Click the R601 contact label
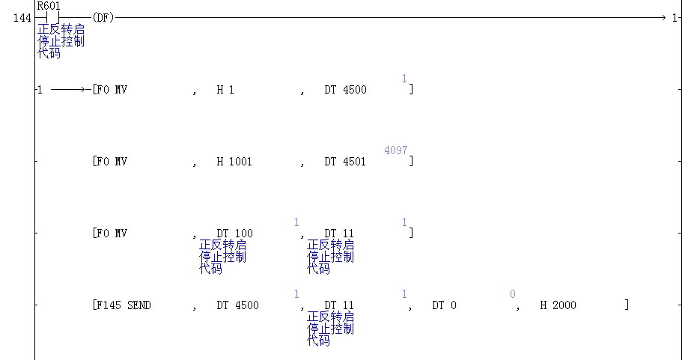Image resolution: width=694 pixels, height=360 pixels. tap(48, 6)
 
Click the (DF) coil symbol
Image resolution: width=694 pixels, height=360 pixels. tap(103, 18)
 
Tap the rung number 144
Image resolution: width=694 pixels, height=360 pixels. tap(22, 18)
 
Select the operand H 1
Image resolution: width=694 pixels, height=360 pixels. tap(225, 90)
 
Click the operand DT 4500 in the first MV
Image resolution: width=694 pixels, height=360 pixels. tap(345, 90)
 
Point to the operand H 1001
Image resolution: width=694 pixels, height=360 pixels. tap(234, 162)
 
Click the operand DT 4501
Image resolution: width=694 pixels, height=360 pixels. tap(345, 162)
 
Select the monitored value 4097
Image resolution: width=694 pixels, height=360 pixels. tap(396, 150)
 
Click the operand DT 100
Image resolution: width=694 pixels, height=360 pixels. tap(234, 233)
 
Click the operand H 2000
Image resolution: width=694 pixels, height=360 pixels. tap(558, 305)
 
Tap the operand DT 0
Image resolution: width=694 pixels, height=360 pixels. tap(444, 305)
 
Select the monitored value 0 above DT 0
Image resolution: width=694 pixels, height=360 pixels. tap(513, 294)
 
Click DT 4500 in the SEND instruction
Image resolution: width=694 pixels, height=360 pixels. tap(237, 305)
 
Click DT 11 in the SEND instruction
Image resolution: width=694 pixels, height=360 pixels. tap(339, 305)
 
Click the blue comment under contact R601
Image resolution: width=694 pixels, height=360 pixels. tap(61, 41)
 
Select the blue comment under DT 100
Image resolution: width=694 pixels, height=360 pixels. tap(222, 257)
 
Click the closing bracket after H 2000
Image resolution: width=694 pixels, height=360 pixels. tap(627, 305)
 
